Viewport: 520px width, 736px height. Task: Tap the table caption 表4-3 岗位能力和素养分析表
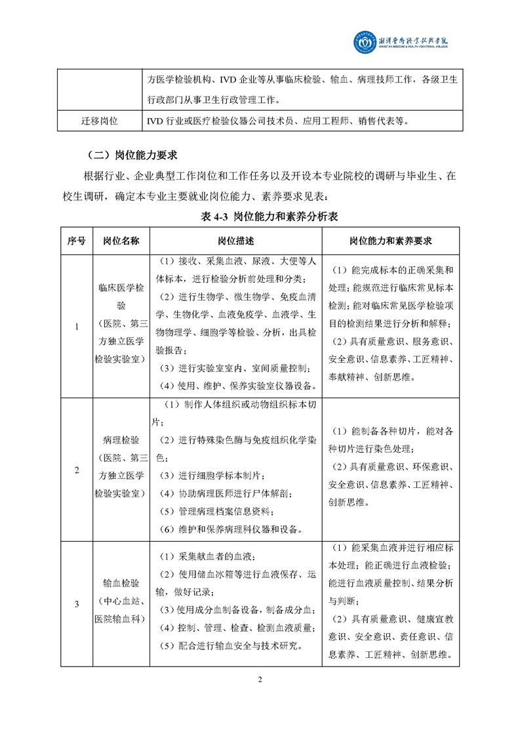[260, 216]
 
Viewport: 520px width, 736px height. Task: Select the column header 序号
[76, 241]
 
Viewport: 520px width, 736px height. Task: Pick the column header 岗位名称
[121, 241]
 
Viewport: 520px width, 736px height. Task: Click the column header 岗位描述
[236, 241]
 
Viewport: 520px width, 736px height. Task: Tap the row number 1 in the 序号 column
[76, 327]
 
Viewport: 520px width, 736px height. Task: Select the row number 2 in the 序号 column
[76, 470]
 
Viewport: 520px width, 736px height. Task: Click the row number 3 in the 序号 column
[76, 603]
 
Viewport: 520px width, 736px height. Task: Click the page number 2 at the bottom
[260, 679]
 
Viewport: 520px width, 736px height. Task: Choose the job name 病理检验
[121, 439]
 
